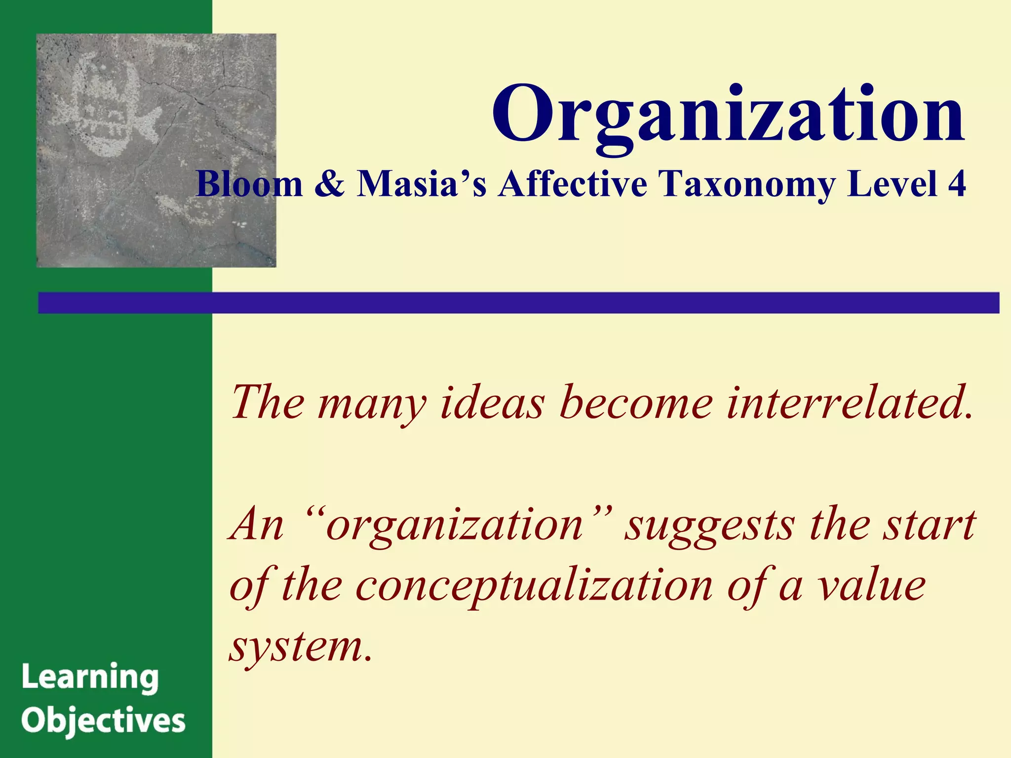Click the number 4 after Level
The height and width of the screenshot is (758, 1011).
956,184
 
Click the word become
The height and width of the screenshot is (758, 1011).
636,403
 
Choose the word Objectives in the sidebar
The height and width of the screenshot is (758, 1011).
103,721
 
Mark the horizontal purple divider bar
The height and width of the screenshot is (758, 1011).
518,303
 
